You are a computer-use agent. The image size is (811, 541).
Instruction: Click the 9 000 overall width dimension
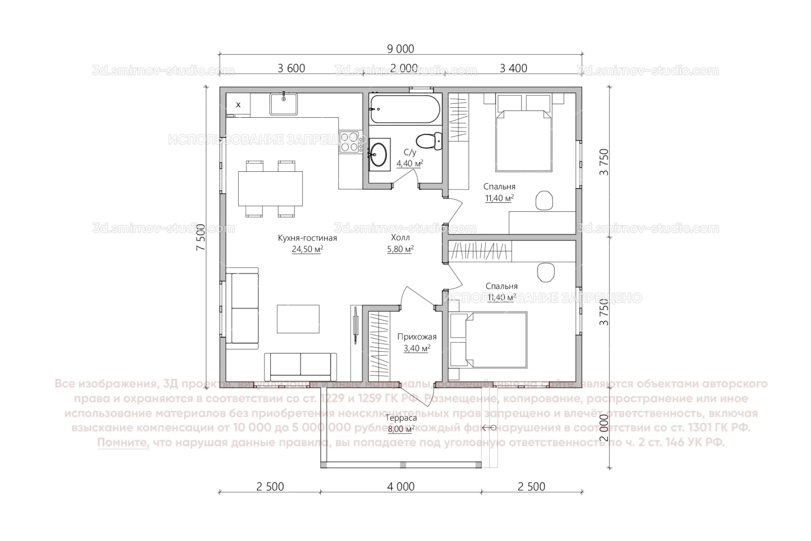click(400, 49)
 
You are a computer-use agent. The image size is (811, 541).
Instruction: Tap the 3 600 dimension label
click(291, 68)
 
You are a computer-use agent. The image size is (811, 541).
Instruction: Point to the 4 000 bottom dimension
click(400, 486)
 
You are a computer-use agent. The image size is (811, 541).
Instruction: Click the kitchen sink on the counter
click(284, 104)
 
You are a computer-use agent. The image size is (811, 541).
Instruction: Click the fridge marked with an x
click(238, 105)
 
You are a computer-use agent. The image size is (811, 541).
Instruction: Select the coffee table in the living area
click(298, 319)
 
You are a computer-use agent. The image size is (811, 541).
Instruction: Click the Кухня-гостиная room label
click(307, 238)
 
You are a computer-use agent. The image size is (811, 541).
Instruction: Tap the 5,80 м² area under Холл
click(400, 249)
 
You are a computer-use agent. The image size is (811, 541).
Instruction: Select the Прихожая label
click(417, 337)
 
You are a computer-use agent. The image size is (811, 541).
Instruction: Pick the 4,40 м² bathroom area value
click(410, 163)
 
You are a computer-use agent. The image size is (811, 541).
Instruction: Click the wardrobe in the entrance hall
click(378, 346)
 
